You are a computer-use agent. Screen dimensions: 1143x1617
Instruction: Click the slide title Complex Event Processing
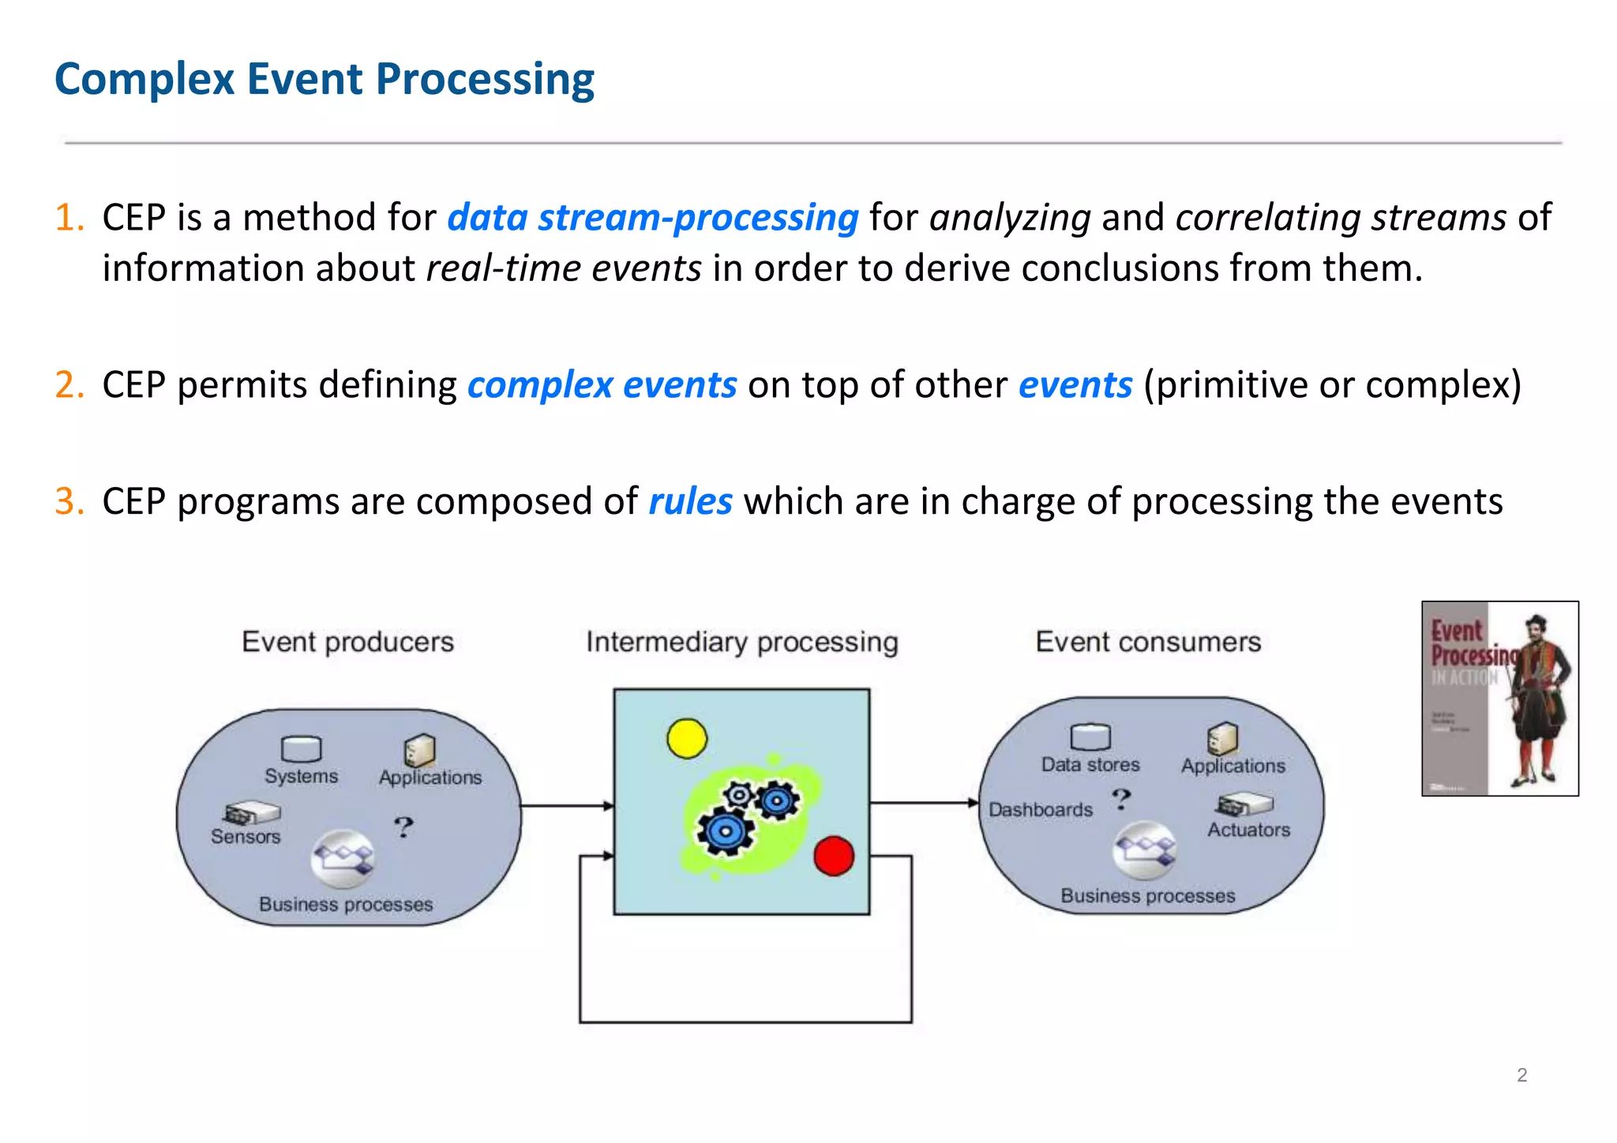click(324, 80)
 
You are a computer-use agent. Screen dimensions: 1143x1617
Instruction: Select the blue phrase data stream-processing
click(652, 218)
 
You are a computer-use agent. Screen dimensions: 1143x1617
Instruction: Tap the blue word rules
click(690, 502)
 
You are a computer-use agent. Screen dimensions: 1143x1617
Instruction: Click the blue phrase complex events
click(602, 385)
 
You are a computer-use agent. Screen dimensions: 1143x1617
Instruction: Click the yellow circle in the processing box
click(686, 738)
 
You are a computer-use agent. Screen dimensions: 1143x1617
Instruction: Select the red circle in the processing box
click(833, 856)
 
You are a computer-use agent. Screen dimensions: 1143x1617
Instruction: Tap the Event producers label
click(347, 642)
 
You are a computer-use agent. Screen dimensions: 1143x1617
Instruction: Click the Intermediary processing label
click(741, 642)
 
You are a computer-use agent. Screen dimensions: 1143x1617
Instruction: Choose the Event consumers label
click(1148, 642)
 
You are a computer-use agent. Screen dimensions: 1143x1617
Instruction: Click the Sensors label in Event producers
click(246, 837)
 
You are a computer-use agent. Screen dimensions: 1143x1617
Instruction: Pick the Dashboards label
click(1040, 810)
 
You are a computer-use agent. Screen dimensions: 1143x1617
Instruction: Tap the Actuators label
click(1248, 830)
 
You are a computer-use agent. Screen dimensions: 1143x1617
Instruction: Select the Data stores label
click(1090, 765)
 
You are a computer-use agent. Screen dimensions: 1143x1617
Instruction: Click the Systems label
click(301, 777)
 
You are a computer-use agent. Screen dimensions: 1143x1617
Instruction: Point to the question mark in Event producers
click(403, 826)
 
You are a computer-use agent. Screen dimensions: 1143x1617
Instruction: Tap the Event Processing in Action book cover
click(1499, 699)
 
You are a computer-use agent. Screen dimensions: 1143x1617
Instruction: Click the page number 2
click(1521, 1075)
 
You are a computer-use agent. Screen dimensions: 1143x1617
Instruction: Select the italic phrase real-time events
click(564, 268)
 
